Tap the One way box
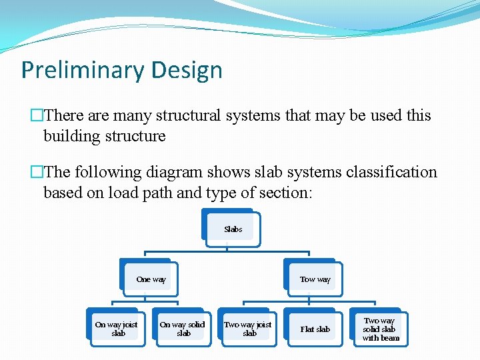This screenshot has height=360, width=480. [x=151, y=279]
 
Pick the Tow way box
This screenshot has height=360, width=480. [x=315, y=279]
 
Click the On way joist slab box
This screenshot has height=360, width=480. [x=117, y=329]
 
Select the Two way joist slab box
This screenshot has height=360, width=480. [x=249, y=329]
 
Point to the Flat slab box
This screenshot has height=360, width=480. [x=315, y=329]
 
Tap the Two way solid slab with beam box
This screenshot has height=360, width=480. [x=381, y=329]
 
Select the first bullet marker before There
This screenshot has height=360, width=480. [x=37, y=115]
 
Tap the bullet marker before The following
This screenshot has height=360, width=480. [x=37, y=172]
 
